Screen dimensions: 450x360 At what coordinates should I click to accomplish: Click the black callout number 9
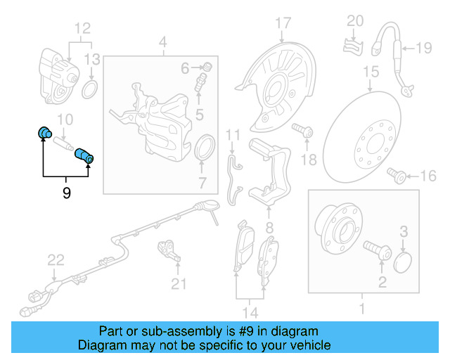(66, 193)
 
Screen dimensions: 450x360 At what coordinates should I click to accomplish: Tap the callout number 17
(283, 23)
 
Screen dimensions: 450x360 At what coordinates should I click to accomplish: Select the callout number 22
(56, 260)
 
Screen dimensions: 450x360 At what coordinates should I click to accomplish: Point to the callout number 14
(250, 312)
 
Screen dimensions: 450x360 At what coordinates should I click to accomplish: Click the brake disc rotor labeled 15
(362, 137)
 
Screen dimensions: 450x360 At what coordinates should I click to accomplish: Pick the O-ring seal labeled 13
(90, 89)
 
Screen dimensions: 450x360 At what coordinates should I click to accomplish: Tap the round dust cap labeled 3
(402, 262)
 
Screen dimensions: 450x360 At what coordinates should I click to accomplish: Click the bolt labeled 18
(302, 130)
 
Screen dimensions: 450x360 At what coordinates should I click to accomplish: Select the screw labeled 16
(397, 175)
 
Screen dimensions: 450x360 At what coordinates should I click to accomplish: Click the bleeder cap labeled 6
(208, 67)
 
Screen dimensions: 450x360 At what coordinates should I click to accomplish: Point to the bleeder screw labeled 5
(200, 82)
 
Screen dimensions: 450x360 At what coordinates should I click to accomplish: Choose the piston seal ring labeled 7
(205, 148)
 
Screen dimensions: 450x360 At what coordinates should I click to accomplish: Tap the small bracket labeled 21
(169, 251)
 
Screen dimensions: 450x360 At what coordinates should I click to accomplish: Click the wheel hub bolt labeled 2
(377, 250)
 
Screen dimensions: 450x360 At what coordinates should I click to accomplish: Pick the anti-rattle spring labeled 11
(235, 180)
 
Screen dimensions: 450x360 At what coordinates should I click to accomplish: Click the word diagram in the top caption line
(295, 332)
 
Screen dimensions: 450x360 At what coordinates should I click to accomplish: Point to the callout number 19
(423, 48)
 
